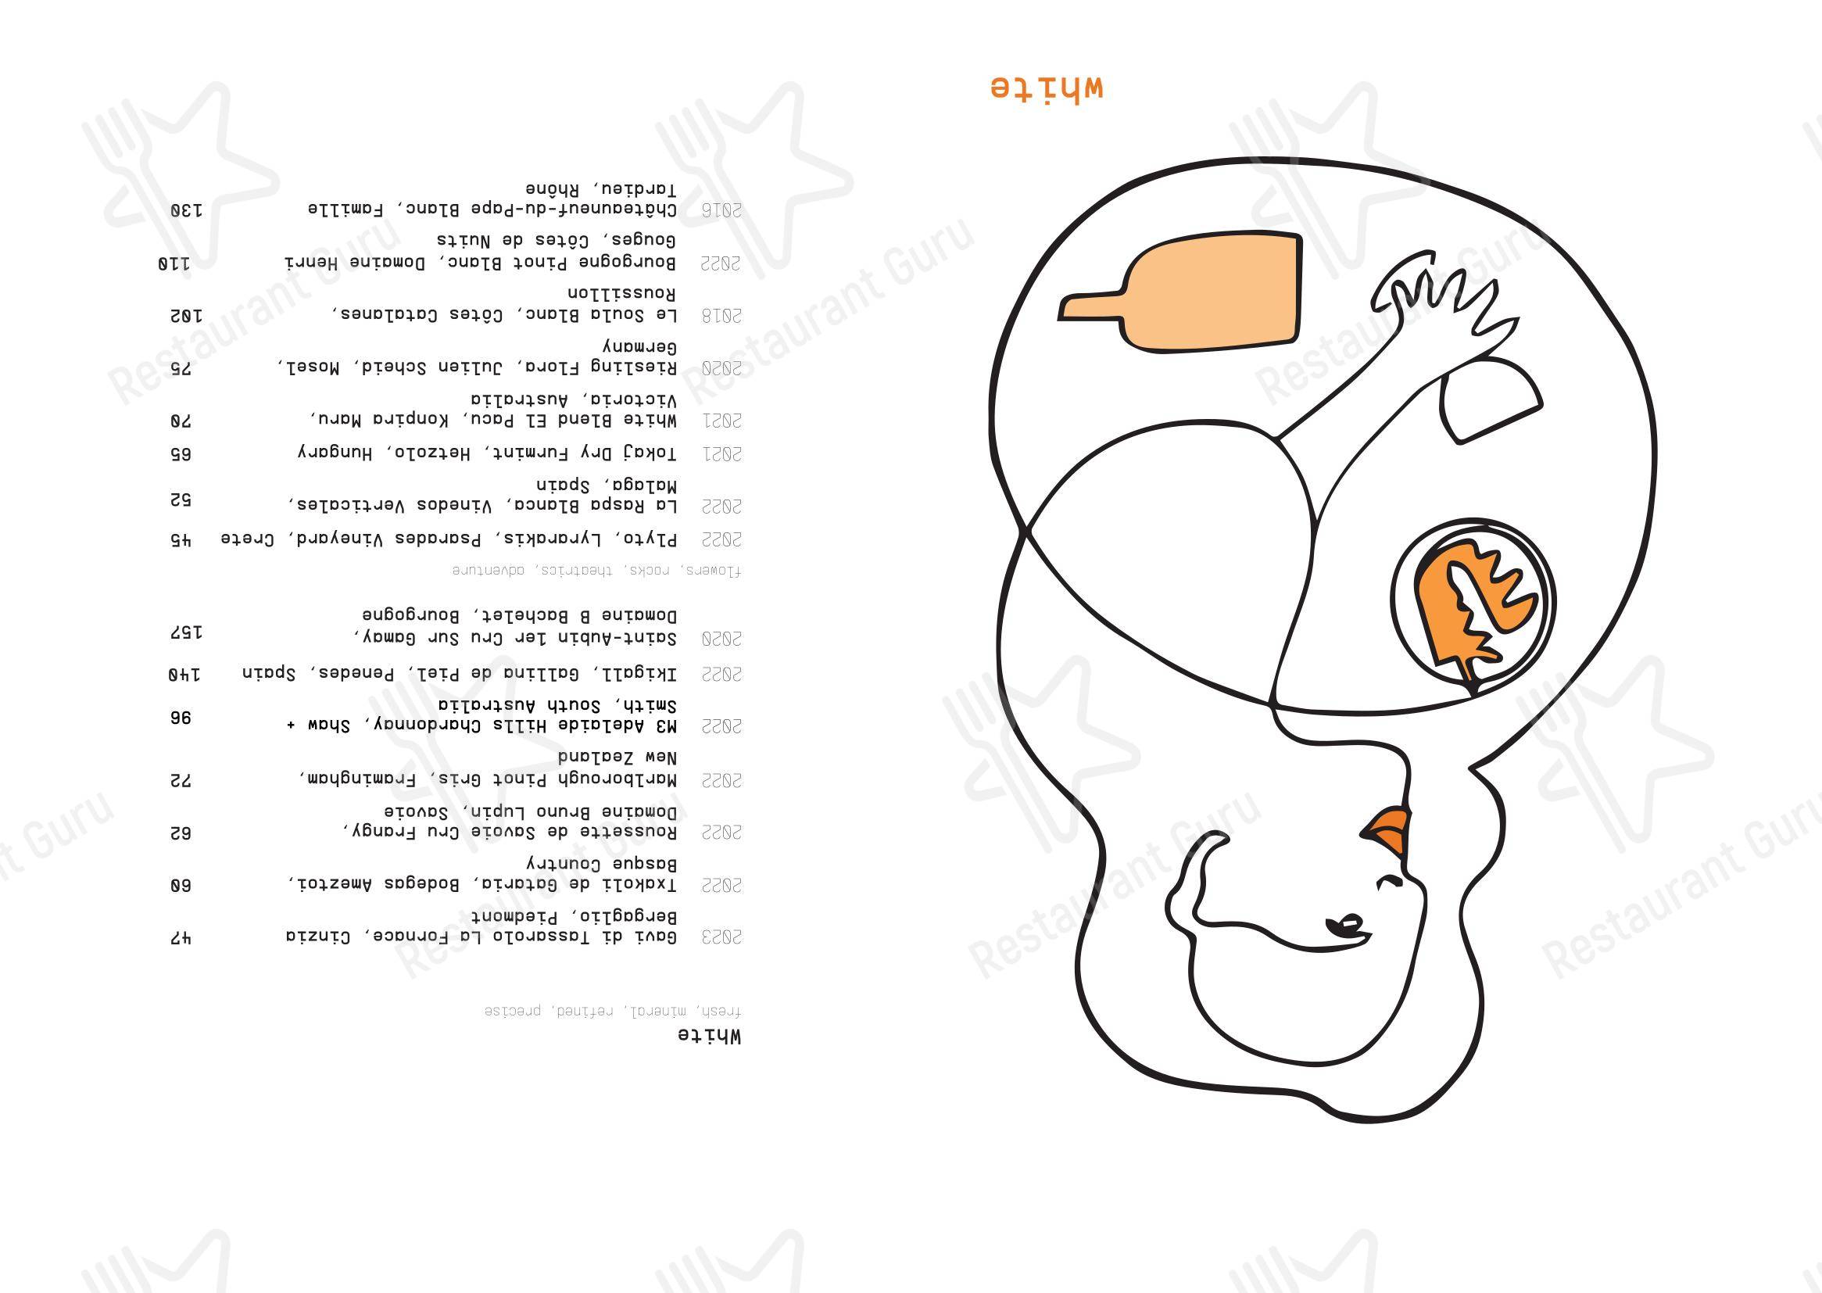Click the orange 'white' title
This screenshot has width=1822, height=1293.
tap(1047, 87)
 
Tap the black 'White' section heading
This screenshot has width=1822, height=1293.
tap(709, 1037)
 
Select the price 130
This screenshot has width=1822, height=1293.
tap(185, 211)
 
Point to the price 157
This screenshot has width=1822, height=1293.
tap(185, 633)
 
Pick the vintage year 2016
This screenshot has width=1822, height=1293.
tap(721, 211)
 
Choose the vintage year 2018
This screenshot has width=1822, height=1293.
tap(721, 316)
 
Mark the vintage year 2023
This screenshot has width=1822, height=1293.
tap(721, 937)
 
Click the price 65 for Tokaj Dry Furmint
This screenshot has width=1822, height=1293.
tap(181, 455)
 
